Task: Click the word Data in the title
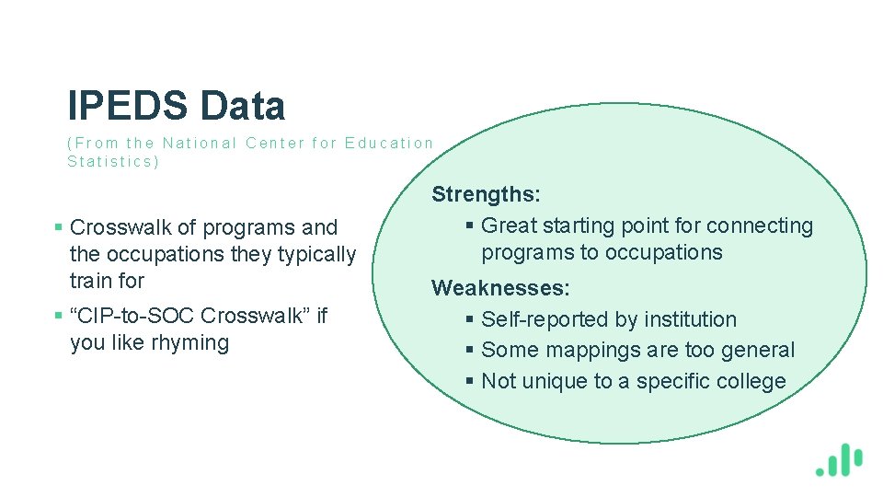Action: coord(243,107)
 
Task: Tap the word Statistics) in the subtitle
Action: coord(113,162)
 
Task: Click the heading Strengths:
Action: coord(487,194)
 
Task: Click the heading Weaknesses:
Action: coord(501,288)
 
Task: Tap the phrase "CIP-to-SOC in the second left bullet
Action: coord(132,316)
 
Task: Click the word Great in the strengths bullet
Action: coord(509,225)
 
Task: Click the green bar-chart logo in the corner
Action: coord(839,459)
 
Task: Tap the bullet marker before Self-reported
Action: coord(470,320)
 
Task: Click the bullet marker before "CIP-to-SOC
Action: coord(59,317)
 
